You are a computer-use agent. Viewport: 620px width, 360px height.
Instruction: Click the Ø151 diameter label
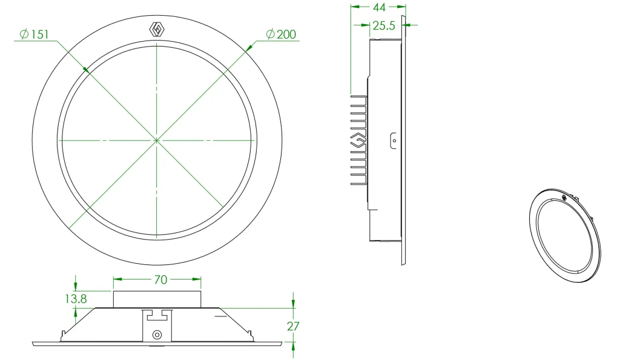(x=35, y=34)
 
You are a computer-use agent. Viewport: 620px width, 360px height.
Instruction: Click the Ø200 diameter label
(x=281, y=34)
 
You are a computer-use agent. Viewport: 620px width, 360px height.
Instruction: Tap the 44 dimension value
(x=379, y=7)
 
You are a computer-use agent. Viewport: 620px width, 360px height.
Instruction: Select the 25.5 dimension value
(x=384, y=25)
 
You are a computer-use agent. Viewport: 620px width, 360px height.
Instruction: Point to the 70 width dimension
(x=160, y=280)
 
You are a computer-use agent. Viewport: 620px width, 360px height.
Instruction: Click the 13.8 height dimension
(x=76, y=299)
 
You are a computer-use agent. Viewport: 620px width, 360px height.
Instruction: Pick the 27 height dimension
(x=293, y=326)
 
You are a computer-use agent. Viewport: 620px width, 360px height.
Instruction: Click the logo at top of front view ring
(x=157, y=30)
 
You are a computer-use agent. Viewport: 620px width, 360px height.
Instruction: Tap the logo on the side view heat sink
(x=358, y=140)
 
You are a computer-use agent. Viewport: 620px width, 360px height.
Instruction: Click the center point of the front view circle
(x=157, y=140)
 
